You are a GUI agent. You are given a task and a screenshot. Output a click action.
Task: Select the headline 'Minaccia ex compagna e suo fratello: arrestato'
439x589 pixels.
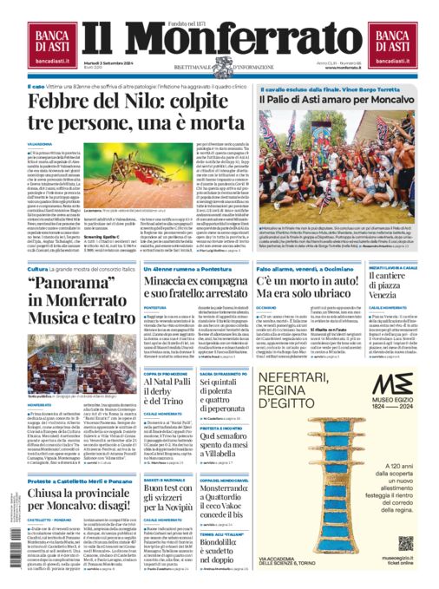(196, 292)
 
